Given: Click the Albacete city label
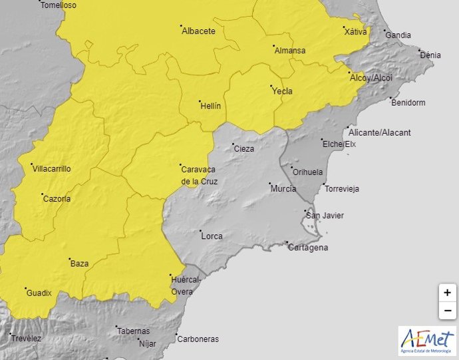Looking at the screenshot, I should (199, 31).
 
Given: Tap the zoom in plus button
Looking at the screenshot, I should (448, 292).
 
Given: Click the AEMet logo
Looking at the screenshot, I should (428, 340).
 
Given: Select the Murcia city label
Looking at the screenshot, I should (283, 189).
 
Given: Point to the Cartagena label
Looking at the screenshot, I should (308, 248).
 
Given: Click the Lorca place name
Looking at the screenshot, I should (212, 236).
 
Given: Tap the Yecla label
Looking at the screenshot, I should (283, 92).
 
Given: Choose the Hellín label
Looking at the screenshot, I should (210, 105).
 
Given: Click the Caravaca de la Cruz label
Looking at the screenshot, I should (199, 175).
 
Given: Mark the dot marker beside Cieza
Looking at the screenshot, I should (233, 144).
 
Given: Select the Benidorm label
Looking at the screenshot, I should (408, 102).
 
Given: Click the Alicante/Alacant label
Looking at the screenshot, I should (382, 132).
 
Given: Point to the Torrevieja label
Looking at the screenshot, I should (342, 189).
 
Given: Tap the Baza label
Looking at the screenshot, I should (79, 264).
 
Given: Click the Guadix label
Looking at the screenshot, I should (39, 293).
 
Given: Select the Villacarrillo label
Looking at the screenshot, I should (51, 169).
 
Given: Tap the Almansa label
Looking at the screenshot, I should (289, 51).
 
